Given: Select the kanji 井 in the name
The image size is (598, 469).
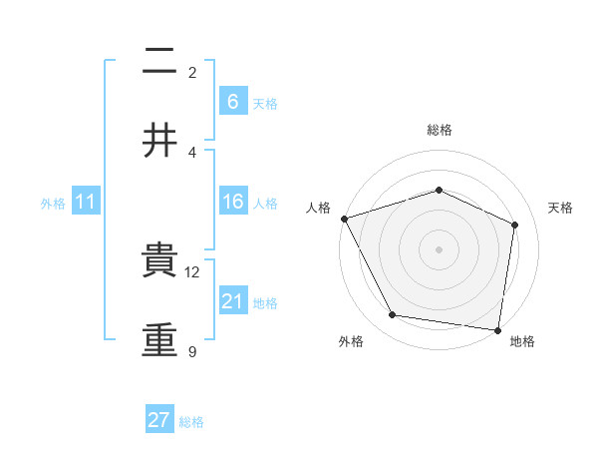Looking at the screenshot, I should tap(159, 140).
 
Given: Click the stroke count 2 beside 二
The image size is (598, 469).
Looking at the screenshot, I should tap(192, 72).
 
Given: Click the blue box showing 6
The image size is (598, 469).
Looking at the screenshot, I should tap(232, 102).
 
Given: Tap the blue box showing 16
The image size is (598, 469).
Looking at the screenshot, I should tap(232, 202).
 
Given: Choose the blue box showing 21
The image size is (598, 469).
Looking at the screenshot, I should tap(232, 301).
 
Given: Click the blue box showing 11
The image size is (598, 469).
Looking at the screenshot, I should tap(86, 202).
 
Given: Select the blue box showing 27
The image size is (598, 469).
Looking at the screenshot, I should tap(159, 420).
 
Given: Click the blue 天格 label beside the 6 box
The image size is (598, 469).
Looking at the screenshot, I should tap(265, 103).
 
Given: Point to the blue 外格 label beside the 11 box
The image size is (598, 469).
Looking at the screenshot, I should tap(53, 203).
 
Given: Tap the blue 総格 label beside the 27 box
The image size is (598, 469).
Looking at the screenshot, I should tap(191, 421).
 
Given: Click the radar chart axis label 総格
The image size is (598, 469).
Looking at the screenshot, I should tap(439, 130).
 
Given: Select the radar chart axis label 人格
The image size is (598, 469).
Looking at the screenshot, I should tap(319, 208).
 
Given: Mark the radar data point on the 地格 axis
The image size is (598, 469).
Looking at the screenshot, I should tap(498, 329).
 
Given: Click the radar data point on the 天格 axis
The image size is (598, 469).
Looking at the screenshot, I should tap(515, 224).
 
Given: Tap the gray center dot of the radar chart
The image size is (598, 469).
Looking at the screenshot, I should tap(439, 248).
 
